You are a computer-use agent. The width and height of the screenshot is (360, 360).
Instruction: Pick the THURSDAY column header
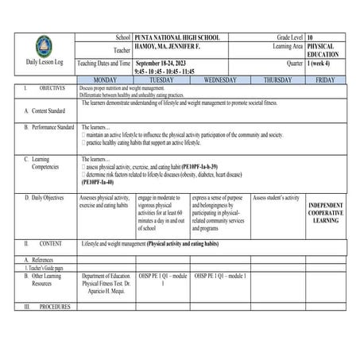click(x=277, y=80)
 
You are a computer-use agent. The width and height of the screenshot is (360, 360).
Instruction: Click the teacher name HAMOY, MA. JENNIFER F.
click(x=168, y=47)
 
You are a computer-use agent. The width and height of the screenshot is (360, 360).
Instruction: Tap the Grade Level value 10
click(x=310, y=37)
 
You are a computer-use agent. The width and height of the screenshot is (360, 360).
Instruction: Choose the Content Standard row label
click(x=45, y=111)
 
